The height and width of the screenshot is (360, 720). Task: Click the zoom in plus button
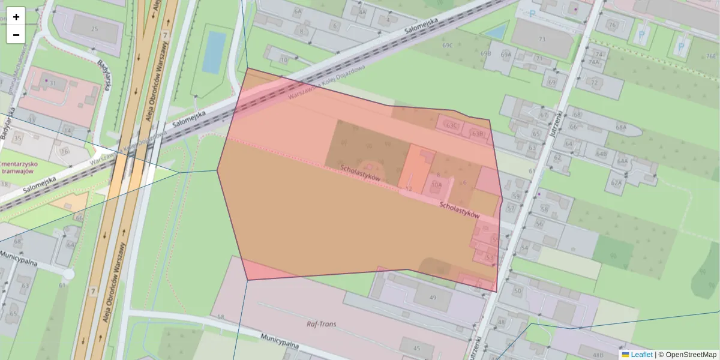[16, 16]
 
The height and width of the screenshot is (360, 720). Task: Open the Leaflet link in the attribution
[641, 355]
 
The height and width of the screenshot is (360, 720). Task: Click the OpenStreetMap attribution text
[691, 355]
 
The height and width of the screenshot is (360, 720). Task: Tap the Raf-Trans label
[321, 324]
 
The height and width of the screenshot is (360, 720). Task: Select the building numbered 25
[94, 29]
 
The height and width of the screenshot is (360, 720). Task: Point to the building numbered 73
[542, 39]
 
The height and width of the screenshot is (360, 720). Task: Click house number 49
[433, 298]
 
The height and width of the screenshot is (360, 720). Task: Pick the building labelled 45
[416, 348]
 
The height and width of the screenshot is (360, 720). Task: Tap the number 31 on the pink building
[53, 83]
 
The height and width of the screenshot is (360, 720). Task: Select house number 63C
[452, 125]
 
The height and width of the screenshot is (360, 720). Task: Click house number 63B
[477, 133]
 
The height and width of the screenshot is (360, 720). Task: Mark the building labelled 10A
[436, 185]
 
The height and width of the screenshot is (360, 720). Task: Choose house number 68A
[620, 127]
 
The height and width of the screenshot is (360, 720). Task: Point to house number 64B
[601, 154]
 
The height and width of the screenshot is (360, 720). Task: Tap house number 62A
[616, 182]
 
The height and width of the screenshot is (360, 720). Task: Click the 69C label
[447, 45]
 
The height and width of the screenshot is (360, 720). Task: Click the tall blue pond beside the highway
[214, 52]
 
